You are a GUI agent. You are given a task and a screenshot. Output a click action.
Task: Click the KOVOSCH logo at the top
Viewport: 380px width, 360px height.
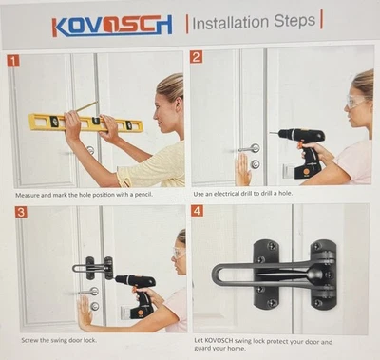pyautogui.click(x=112, y=26)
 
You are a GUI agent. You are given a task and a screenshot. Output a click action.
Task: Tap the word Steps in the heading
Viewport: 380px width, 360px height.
pyautogui.click(x=294, y=21)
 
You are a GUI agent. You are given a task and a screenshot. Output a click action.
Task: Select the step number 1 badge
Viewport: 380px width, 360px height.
pyautogui.click(x=13, y=61)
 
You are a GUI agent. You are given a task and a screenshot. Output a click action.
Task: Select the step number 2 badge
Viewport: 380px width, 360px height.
pyautogui.click(x=196, y=57)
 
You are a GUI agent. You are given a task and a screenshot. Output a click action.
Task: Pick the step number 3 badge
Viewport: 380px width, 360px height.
pyautogui.click(x=21, y=212)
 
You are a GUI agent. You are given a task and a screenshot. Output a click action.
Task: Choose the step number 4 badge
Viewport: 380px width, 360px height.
pyautogui.click(x=198, y=211)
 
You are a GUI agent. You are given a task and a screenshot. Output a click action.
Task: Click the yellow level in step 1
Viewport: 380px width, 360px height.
pyautogui.click(x=85, y=123)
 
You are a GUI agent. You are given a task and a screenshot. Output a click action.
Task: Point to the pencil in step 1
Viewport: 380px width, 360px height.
pyautogui.click(x=86, y=106)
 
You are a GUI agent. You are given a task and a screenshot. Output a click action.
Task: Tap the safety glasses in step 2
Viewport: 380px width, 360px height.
pyautogui.click(x=356, y=102)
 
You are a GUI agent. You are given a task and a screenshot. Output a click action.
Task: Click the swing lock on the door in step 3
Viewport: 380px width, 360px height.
pyautogui.click(x=93, y=268)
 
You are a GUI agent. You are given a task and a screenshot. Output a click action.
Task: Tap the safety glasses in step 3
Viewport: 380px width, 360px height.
pyautogui.click(x=179, y=253)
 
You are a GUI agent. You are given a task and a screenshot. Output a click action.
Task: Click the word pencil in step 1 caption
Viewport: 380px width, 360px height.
pyautogui.click(x=143, y=195)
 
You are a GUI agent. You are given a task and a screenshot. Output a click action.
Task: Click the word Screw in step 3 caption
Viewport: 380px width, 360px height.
pyautogui.click(x=29, y=340)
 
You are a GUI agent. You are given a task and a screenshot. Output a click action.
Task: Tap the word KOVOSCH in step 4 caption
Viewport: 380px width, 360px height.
pyautogui.click(x=218, y=341)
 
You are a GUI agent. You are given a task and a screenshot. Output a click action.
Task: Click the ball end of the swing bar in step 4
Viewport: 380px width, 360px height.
pyautogui.click(x=314, y=275)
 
